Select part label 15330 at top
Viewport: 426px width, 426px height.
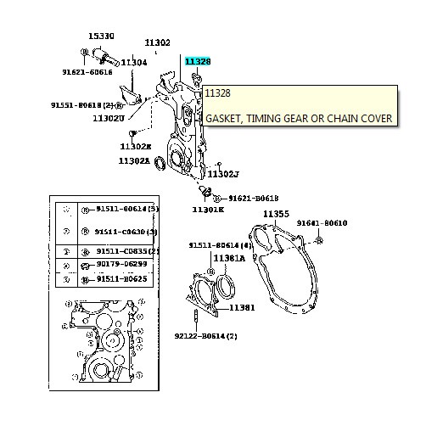pos(102,36)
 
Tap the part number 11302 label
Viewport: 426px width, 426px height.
pos(157,42)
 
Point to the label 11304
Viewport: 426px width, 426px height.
pos(133,62)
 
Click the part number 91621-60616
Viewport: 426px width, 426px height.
pos(88,72)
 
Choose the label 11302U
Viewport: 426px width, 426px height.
pos(109,118)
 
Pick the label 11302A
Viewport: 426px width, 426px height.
pos(133,160)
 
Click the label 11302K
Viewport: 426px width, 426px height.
pos(208,208)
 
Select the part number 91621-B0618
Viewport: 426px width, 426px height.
pos(255,196)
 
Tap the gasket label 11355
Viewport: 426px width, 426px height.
pos(276,215)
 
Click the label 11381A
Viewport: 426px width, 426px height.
pos(228,257)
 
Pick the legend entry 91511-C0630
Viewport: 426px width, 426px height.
pos(126,231)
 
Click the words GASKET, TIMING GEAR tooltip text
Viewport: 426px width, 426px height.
pos(298,119)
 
